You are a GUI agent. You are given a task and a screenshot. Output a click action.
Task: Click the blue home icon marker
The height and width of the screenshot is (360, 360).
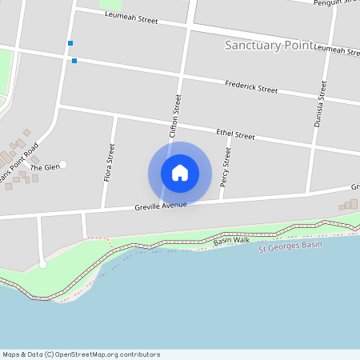click(180, 173)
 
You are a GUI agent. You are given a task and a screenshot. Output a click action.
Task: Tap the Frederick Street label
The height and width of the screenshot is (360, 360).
click(251, 87)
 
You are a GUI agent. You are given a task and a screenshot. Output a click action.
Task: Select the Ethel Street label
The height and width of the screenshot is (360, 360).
click(235, 134)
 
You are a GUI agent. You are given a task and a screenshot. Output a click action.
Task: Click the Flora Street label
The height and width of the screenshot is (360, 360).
click(109, 162)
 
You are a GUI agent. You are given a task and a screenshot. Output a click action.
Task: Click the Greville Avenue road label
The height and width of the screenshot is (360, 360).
click(160, 206)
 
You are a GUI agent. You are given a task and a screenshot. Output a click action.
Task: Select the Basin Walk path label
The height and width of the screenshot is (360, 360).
click(231, 240)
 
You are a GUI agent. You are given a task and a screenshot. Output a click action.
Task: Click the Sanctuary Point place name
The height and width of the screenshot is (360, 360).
click(266, 46)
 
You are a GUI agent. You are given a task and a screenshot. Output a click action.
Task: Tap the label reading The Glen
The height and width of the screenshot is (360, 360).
click(45, 166)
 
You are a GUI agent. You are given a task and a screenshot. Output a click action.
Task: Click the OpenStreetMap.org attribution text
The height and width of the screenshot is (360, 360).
click(120, 354)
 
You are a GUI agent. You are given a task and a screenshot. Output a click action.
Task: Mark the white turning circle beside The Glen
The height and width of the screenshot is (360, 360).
click(62, 165)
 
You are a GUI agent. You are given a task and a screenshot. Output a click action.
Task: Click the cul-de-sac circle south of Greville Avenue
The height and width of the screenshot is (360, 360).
click(42, 264)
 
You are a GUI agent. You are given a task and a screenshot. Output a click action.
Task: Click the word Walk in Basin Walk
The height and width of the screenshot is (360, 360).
click(242, 239)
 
